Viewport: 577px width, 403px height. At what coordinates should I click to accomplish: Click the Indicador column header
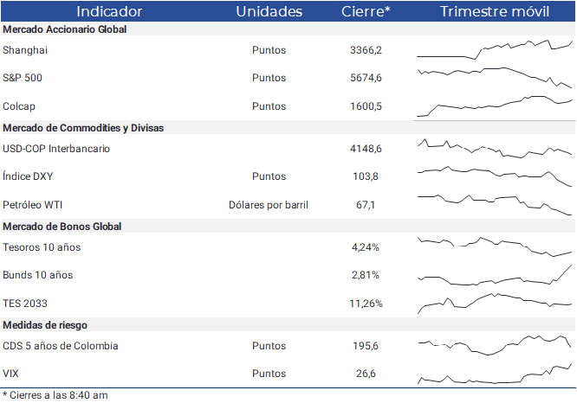point(109,11)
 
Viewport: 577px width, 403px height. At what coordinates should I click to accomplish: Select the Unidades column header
point(269,11)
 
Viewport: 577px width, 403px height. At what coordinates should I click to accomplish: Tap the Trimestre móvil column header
point(495,11)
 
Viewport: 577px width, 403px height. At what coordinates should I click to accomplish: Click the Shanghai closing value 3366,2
point(366,50)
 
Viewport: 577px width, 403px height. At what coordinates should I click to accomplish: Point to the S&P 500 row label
point(23,78)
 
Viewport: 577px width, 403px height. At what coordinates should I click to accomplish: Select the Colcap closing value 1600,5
point(366,106)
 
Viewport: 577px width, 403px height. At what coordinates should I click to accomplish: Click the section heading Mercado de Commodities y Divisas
point(83,128)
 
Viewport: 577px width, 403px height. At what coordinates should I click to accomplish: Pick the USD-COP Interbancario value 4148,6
point(366,149)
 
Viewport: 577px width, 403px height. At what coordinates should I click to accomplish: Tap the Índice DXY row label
point(28,176)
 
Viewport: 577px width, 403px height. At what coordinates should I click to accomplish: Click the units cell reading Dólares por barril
point(269,205)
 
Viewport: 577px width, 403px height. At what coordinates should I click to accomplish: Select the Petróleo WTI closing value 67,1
point(366,205)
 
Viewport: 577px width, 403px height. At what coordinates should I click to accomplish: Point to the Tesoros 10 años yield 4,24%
point(366,247)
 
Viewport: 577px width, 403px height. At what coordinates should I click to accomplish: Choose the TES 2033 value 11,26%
point(366,304)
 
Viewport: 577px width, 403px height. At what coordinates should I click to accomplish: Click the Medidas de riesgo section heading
point(45,325)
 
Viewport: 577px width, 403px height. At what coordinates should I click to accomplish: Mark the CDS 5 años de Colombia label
point(61,346)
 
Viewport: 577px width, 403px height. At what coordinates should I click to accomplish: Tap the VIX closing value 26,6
point(366,374)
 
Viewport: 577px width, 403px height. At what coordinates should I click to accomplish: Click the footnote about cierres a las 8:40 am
point(55,395)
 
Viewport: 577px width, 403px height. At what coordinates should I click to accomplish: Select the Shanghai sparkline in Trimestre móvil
point(494,49)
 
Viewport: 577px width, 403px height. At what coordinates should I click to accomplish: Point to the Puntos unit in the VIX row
point(269,374)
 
